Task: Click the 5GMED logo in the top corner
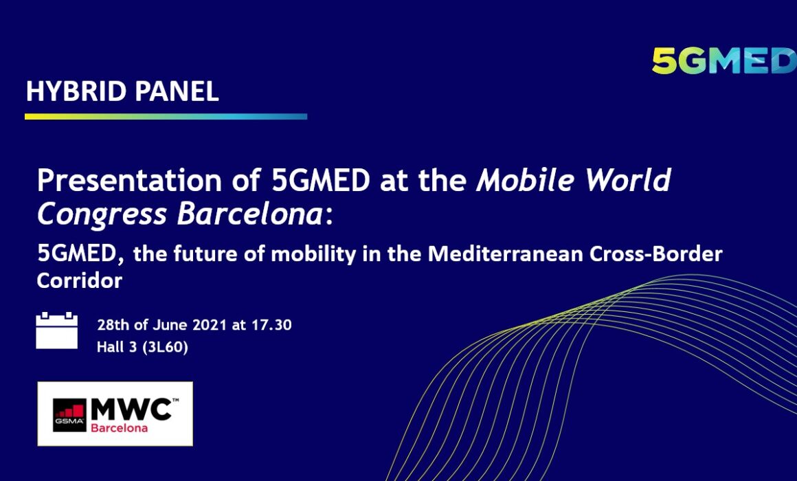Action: pos(724,61)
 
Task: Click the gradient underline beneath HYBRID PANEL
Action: pos(166,116)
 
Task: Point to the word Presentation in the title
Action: pos(130,181)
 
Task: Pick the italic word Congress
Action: pos(102,215)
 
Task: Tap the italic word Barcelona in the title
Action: pos(249,214)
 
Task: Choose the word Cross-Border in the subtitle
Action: pos(655,254)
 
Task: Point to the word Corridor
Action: pos(79,280)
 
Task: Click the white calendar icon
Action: pos(57,331)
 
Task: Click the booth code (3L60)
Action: pos(165,347)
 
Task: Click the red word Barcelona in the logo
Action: pos(119,428)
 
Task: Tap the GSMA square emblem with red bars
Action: pos(69,415)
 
